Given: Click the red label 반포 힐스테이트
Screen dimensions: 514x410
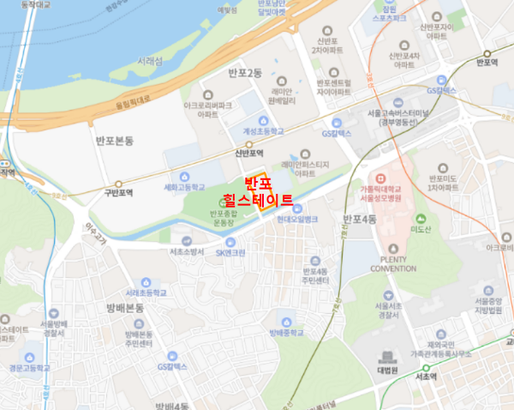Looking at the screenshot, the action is pyautogui.click(x=269, y=192).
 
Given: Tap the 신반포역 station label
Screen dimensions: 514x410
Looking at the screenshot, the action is pyautogui.click(x=248, y=154).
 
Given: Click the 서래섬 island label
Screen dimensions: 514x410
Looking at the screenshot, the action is pyautogui.click(x=147, y=62).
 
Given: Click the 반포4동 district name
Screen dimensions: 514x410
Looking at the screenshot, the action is pyautogui.click(x=360, y=220).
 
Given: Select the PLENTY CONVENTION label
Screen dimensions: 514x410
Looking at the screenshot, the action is pyautogui.click(x=393, y=262).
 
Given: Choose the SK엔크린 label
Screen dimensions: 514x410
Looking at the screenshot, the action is pyautogui.click(x=230, y=252).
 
